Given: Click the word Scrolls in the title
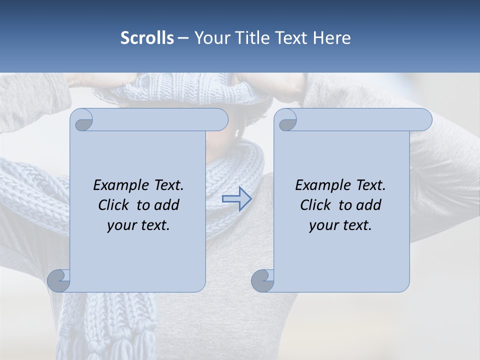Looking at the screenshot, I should pos(147,38).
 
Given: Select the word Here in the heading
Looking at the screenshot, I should pos(332,38).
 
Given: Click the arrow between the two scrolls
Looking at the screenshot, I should pos(236,198).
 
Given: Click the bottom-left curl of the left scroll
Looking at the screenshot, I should pos(59,280).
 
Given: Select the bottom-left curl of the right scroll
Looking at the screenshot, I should pos(263,280).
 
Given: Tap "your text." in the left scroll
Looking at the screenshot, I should pos(138,225).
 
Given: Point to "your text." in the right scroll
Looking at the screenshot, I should pos(340,225).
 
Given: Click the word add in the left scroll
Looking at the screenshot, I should pos(166,205).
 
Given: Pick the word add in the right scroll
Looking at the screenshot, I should pos(368,205).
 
